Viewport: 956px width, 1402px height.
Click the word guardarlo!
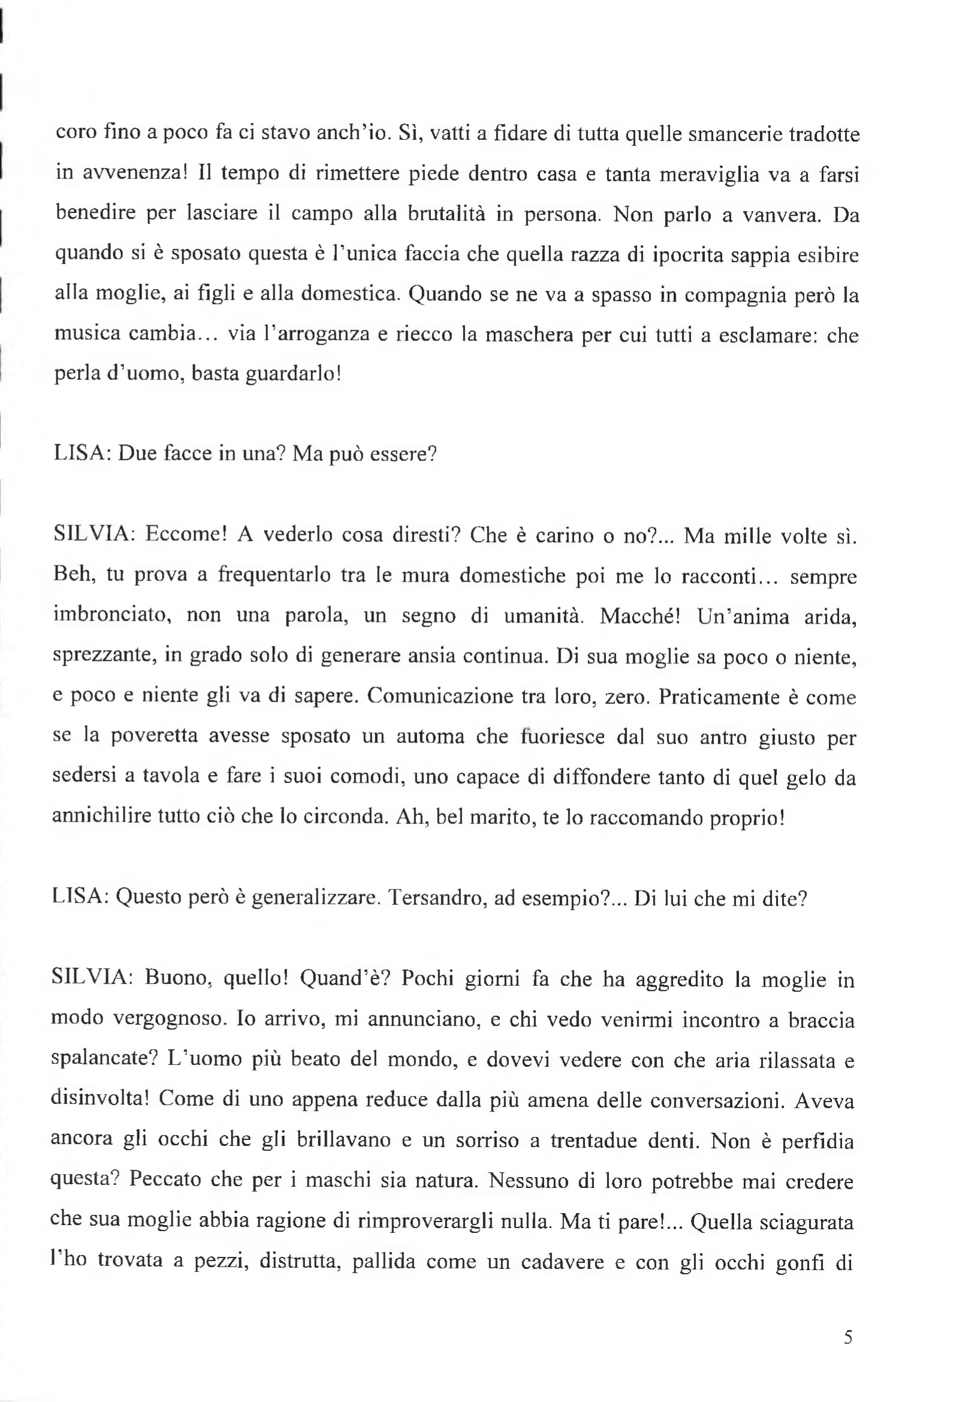tap(294, 374)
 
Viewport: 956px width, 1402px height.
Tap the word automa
tap(431, 736)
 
